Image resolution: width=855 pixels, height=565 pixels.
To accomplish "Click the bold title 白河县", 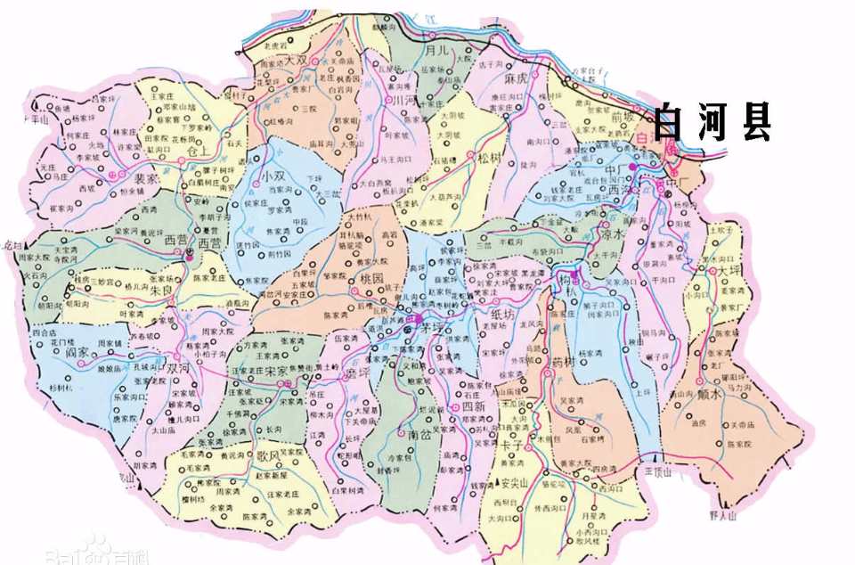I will pyautogui.click(x=712, y=122).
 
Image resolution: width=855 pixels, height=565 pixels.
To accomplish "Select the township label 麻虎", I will pyautogui.click(x=517, y=79).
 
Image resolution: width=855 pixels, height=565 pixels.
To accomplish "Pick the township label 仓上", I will pyautogui.click(x=204, y=153).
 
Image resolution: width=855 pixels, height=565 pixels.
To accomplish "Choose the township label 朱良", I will pyautogui.click(x=161, y=291).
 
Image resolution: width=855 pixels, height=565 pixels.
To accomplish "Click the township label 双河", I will pyautogui.click(x=178, y=367).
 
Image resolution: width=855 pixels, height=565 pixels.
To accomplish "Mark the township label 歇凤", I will pyautogui.click(x=267, y=455).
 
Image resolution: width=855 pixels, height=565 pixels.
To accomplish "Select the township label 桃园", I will pyautogui.click(x=370, y=279).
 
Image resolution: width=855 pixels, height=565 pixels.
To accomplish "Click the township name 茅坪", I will pyautogui.click(x=433, y=328).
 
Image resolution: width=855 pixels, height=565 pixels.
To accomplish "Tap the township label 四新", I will pyautogui.click(x=473, y=406).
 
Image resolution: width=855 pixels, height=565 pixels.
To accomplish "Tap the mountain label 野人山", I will pyautogui.click(x=724, y=515).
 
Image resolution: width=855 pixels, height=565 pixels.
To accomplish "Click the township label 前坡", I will pyautogui.click(x=624, y=117).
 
